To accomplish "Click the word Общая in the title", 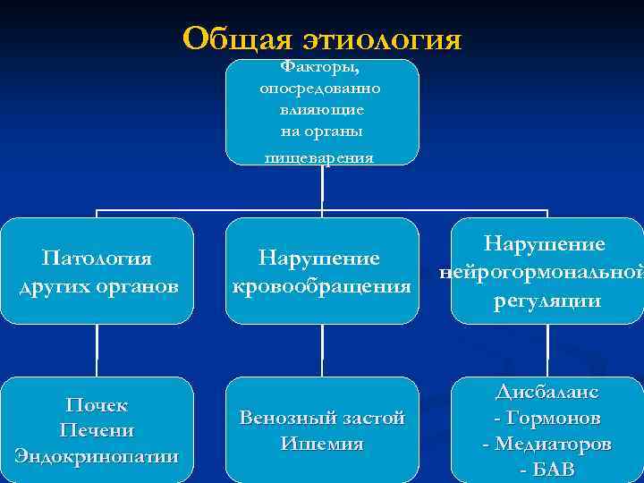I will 237,38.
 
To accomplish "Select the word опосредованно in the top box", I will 320,89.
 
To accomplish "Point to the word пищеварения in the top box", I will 320,157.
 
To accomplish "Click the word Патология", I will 97,258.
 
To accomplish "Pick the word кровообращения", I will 321,287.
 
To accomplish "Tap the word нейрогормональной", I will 540,272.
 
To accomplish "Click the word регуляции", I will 547,301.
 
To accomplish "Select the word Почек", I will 97,406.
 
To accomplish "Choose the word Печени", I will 97,430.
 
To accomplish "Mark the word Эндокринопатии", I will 97,454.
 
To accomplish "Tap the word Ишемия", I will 321,444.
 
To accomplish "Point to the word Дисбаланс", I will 547,392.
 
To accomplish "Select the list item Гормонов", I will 553,418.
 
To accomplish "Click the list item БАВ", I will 553,469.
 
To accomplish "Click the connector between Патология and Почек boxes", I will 97,350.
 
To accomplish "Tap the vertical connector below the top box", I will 322,187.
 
